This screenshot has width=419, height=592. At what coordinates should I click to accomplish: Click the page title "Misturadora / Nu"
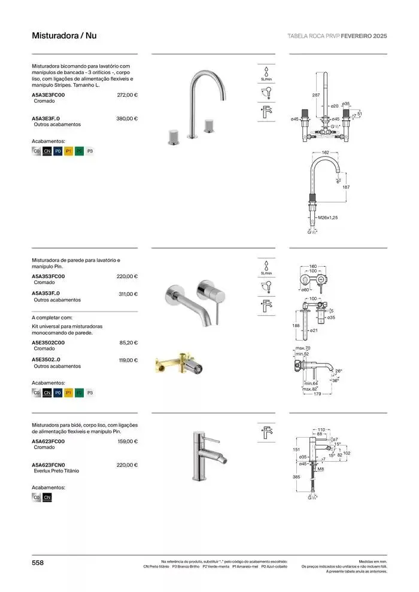(63, 36)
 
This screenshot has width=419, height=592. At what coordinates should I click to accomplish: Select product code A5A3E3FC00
(48, 94)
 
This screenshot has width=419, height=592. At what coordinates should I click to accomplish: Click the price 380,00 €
(127, 118)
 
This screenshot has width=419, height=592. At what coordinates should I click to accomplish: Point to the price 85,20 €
(129, 343)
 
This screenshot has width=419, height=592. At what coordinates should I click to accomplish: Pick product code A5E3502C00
(48, 343)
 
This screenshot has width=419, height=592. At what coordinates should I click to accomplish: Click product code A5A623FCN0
(48, 465)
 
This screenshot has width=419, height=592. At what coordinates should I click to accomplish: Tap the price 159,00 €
(127, 441)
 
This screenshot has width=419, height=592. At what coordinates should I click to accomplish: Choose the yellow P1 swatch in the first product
(69, 152)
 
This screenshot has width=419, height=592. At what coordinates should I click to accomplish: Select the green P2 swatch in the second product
(80, 393)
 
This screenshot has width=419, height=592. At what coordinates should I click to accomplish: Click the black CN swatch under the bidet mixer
(47, 497)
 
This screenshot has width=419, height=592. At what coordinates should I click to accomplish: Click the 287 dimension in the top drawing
(315, 95)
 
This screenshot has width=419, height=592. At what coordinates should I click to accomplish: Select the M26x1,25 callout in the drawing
(328, 218)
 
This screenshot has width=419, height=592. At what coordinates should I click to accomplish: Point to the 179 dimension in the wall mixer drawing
(317, 394)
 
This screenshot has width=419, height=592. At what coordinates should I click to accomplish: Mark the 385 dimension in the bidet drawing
(295, 477)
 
